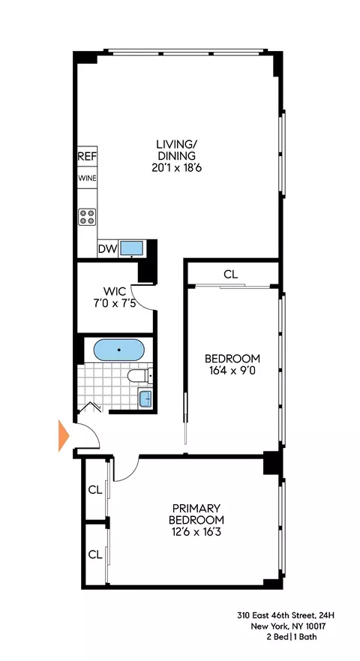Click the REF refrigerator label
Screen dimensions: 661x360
(87, 158)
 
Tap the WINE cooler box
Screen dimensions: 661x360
(87, 179)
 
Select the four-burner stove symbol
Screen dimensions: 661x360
(87, 217)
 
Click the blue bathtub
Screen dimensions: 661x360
(118, 350)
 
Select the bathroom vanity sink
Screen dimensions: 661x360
(145, 397)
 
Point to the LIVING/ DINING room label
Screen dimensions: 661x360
(176, 150)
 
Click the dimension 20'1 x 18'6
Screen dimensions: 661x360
(176, 169)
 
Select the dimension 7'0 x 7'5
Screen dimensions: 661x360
(114, 304)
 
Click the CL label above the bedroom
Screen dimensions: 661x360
(230, 275)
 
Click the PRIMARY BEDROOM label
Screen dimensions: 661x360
(196, 513)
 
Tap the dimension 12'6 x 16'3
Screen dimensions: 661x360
(196, 533)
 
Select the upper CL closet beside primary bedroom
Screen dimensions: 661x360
(94, 490)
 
